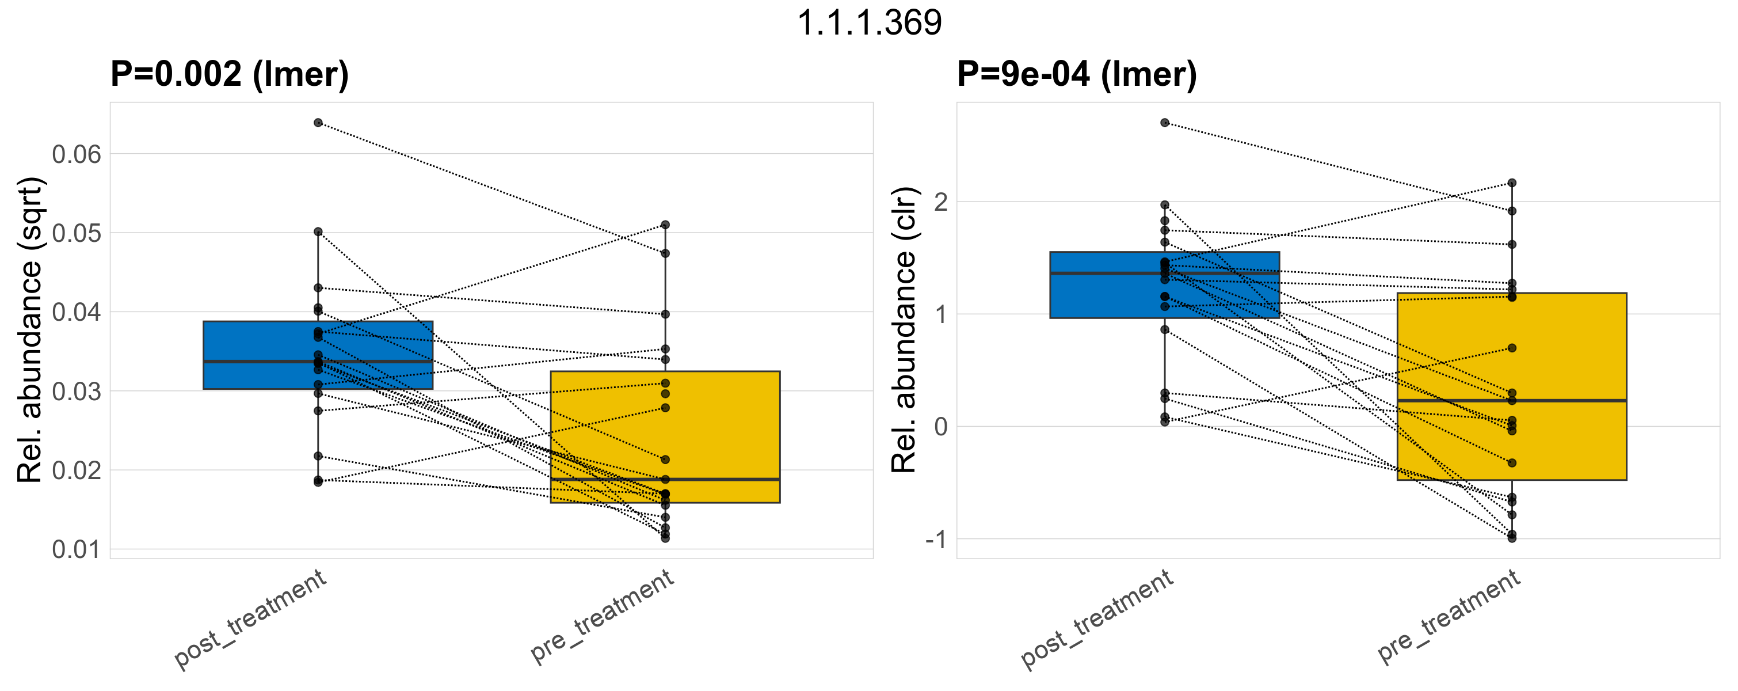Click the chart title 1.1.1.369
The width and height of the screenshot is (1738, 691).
click(x=869, y=24)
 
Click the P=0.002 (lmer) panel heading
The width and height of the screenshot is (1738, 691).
click(x=230, y=74)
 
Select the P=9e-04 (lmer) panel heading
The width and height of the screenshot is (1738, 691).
click(x=1077, y=74)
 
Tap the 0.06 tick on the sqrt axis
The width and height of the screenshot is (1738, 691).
click(x=76, y=154)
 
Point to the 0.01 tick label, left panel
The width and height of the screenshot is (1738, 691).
click(x=76, y=550)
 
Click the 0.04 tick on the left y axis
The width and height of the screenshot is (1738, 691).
click(x=76, y=313)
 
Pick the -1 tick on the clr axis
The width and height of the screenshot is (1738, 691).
click(x=936, y=540)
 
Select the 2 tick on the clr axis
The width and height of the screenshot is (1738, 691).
click(x=940, y=202)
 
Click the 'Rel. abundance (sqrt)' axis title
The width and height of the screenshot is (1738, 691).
click(x=31, y=330)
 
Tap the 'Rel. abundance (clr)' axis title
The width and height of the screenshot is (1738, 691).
click(x=904, y=330)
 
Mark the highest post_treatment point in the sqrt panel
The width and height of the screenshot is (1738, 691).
click(x=318, y=123)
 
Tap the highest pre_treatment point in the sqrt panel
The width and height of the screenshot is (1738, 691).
click(x=665, y=225)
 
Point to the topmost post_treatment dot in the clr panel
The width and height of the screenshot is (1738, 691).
click(x=1164, y=123)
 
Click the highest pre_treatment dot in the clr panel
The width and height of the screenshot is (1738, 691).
click(x=1512, y=183)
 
